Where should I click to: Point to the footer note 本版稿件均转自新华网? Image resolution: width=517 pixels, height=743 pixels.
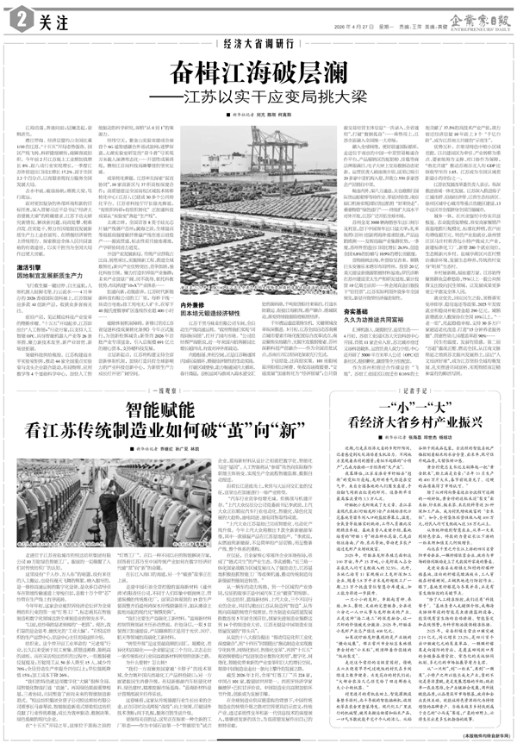coord(473,735)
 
